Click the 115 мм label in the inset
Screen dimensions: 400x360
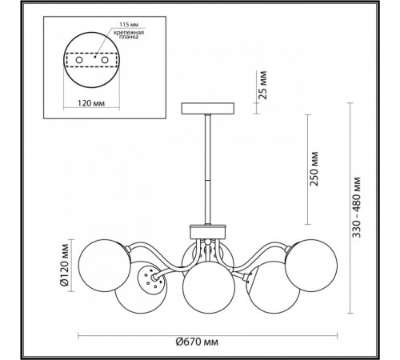pyautogui.click(x=129, y=25)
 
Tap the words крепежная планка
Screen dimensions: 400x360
pyautogui.click(x=129, y=35)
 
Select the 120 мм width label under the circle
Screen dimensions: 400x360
pyautogui.click(x=91, y=103)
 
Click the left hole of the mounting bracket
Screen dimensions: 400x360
pyautogui.click(x=79, y=60)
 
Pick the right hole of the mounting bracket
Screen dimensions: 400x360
pyautogui.click(x=105, y=60)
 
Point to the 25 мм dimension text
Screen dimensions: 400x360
pyautogui.click(x=263, y=85)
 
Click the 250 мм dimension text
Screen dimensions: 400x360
pyautogui.click(x=314, y=169)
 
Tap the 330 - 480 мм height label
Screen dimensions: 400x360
pyautogui.click(x=356, y=207)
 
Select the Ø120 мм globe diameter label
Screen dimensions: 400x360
pyautogui.click(x=64, y=265)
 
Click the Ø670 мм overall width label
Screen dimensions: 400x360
pyautogui.click(x=197, y=342)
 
